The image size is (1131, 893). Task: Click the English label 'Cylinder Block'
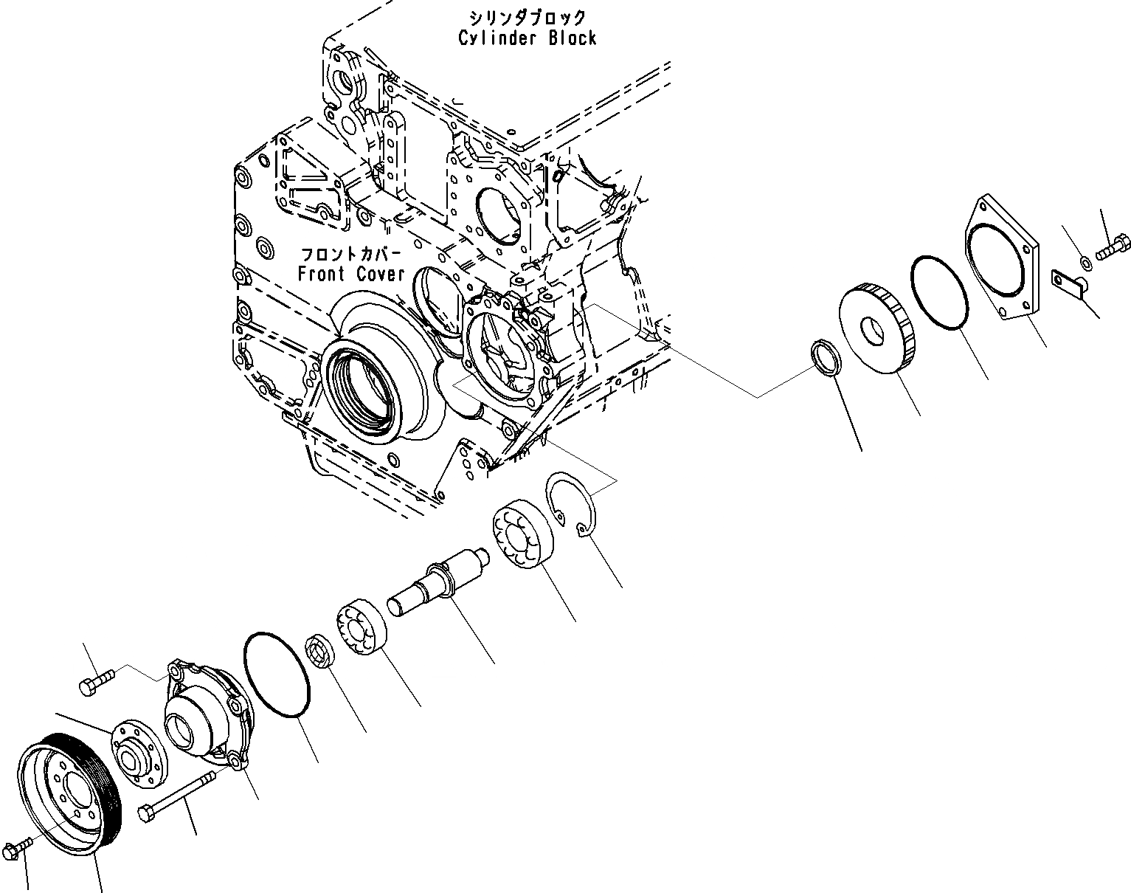coord(527,38)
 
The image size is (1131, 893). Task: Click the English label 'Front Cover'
coord(351,274)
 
